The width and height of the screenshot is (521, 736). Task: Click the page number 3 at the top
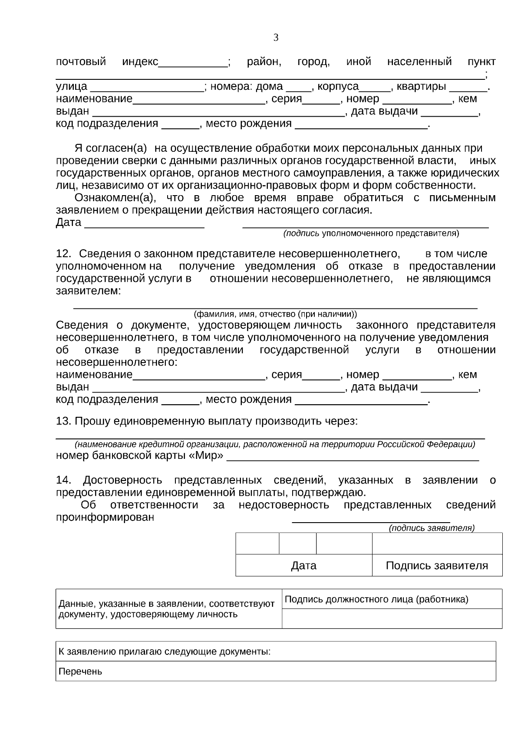pyautogui.click(x=276, y=38)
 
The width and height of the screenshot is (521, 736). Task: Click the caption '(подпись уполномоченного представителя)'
pyautogui.click(x=371, y=233)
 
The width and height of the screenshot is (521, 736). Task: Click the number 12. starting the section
pyautogui.click(x=63, y=254)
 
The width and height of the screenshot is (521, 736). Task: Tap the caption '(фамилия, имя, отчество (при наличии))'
pyautogui.click(x=275, y=314)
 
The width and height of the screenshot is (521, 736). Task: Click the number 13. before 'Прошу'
pyautogui.click(x=63, y=421)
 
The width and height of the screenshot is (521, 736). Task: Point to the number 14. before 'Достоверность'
pyautogui.click(x=63, y=480)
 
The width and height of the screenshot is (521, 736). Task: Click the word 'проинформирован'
pyautogui.click(x=105, y=517)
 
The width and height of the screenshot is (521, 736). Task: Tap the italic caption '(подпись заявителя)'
pyautogui.click(x=432, y=528)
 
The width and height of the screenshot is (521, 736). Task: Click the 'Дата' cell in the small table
pyautogui.click(x=303, y=566)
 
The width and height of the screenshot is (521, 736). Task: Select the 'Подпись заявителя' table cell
pyautogui.click(x=437, y=566)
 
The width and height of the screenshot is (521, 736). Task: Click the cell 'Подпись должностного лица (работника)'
pyautogui.click(x=376, y=599)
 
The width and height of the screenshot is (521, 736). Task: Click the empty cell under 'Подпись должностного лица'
pyautogui.click(x=392, y=618)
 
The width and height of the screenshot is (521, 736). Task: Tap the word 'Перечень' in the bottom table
pyautogui.click(x=80, y=672)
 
